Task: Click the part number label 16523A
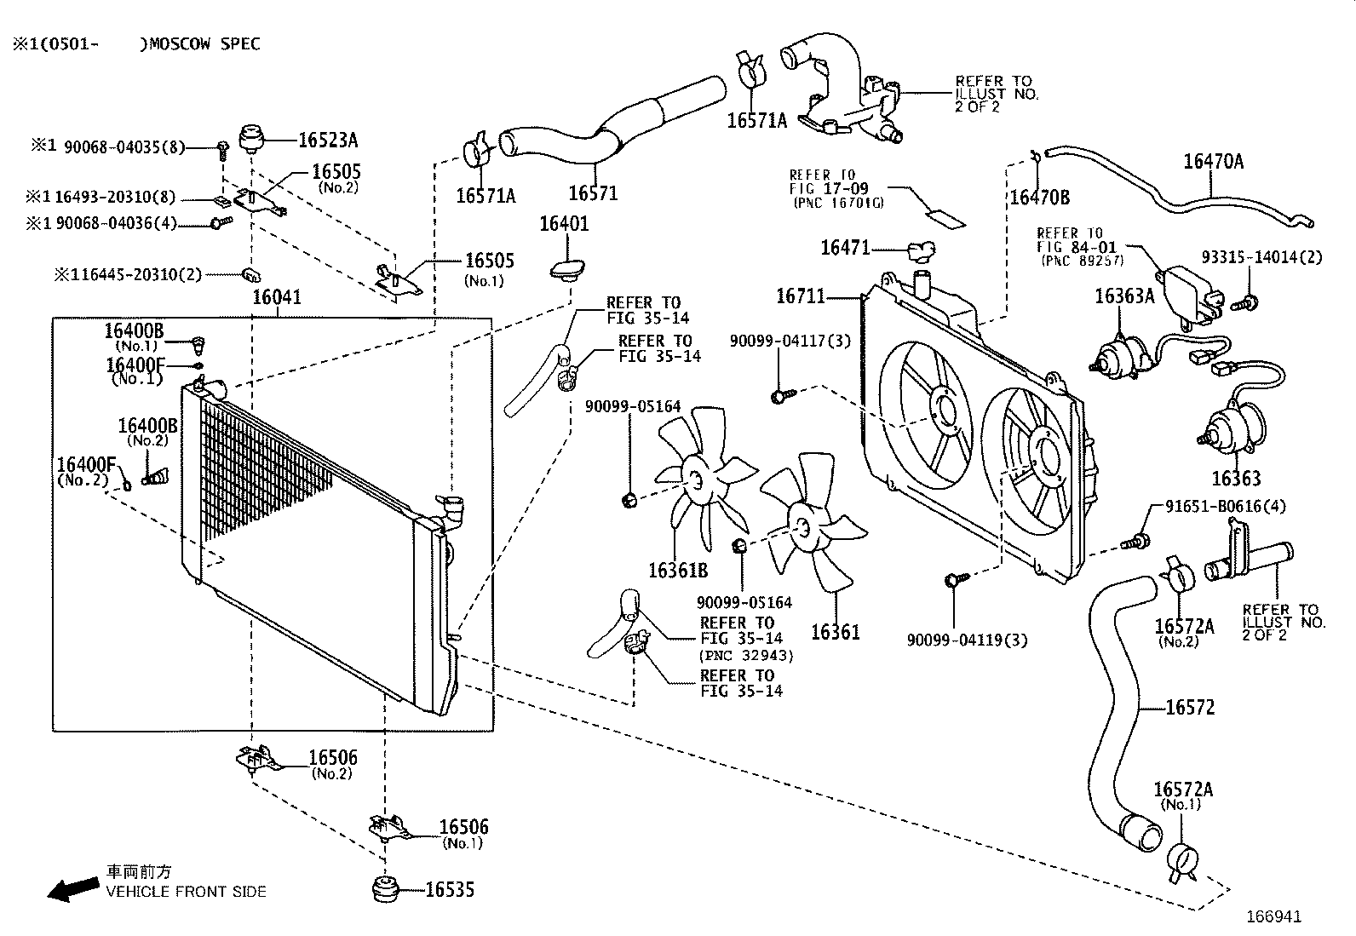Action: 328,140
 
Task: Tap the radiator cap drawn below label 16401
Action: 567,269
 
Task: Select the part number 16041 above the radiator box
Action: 277,296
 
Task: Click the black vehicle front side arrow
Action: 73,889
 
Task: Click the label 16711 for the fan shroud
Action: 801,296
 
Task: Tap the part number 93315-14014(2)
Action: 1262,257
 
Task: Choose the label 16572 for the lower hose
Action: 1190,707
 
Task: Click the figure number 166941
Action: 1273,916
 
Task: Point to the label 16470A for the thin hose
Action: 1213,161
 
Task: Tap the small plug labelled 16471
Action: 922,250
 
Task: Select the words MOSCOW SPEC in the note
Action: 204,43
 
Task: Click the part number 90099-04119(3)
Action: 968,640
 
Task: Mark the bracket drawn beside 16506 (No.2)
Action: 258,759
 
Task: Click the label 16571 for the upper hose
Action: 593,193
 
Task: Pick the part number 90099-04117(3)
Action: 790,341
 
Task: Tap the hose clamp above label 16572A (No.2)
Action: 1177,575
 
